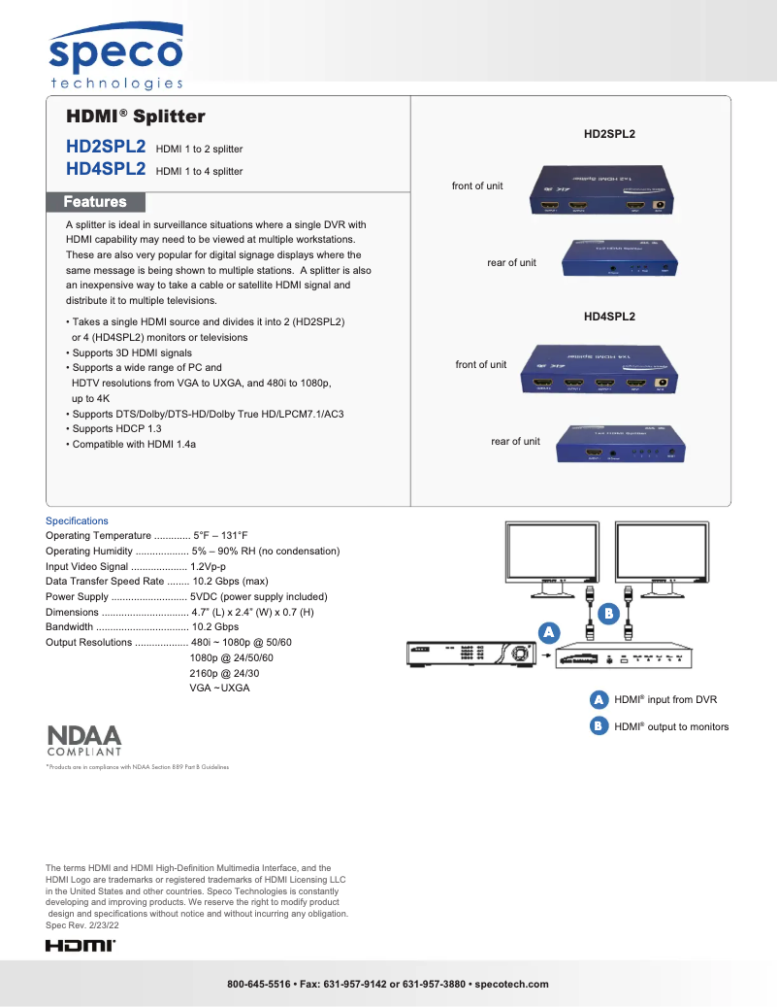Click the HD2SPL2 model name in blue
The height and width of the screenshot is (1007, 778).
point(106,147)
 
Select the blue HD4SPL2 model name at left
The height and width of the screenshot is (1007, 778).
point(106,169)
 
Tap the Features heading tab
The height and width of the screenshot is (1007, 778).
point(95,202)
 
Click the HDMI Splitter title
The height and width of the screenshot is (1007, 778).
point(135,117)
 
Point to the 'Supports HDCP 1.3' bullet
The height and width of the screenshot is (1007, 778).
point(113,428)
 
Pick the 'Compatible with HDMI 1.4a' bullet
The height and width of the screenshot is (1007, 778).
point(131,444)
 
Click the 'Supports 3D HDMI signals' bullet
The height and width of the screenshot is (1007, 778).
point(129,352)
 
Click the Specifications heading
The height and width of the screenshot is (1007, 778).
point(78,520)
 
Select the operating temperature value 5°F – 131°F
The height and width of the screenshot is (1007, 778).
point(220,536)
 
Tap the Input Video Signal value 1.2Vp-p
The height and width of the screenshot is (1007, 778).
point(208,566)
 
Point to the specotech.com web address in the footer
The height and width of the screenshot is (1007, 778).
point(512,984)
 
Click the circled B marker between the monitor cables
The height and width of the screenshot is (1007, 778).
point(608,614)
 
